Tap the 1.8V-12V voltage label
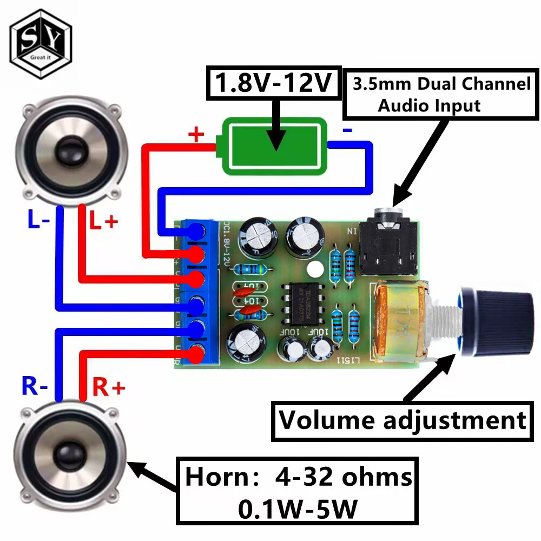(x=273, y=83)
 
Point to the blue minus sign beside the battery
(x=347, y=130)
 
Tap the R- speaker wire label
(x=35, y=386)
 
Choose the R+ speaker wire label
(x=109, y=387)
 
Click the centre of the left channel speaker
(x=69, y=149)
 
